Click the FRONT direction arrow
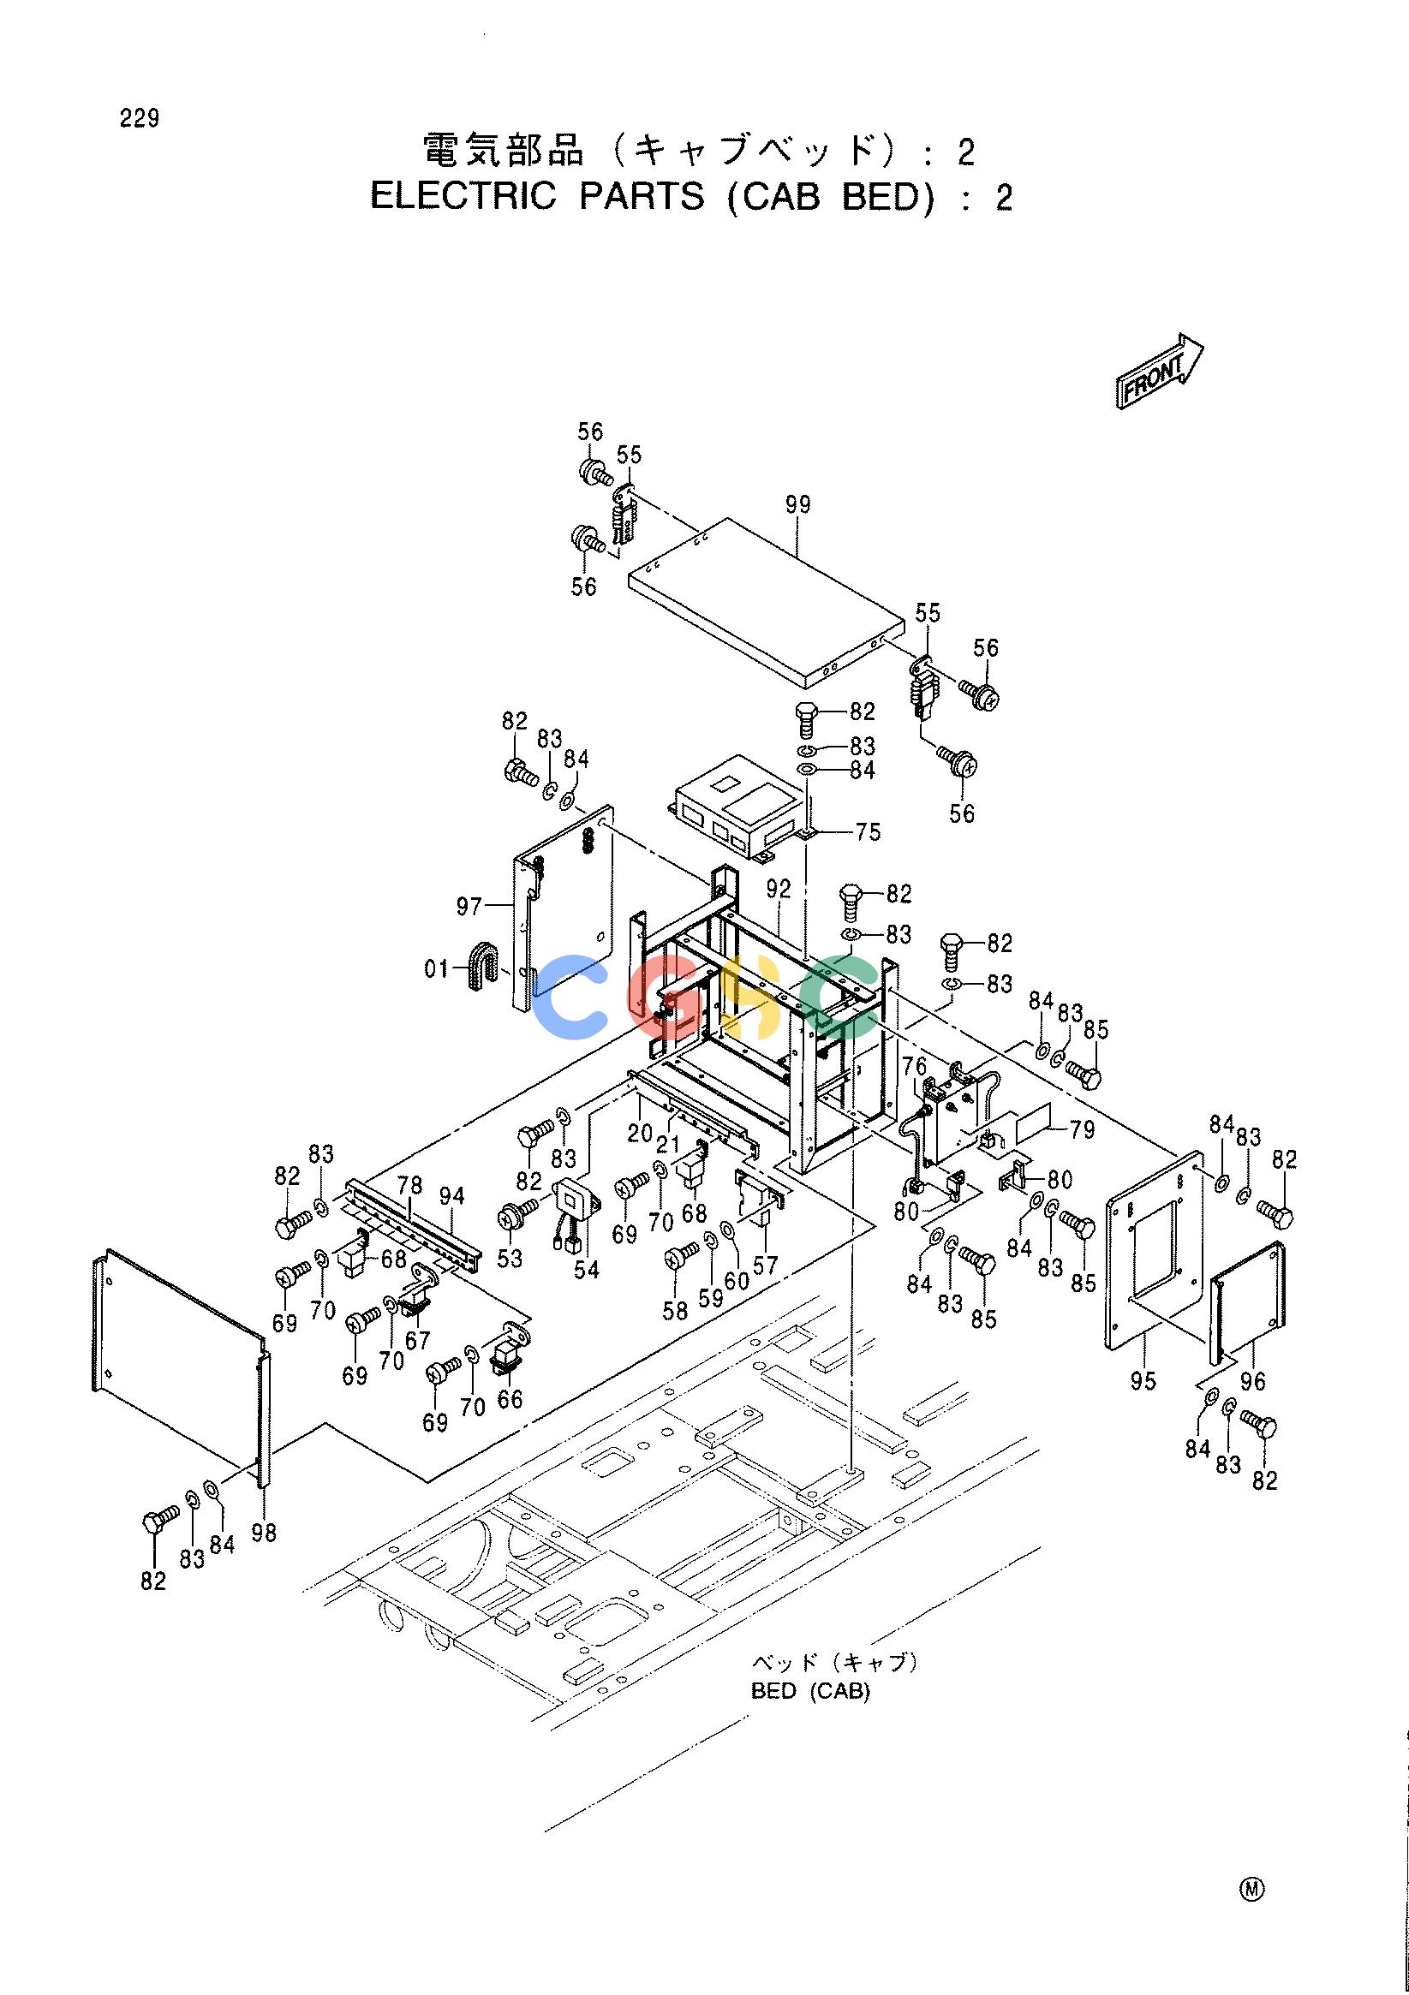[1160, 370]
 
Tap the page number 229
[140, 119]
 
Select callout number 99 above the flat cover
[797, 504]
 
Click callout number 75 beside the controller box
[868, 831]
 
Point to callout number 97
[469, 907]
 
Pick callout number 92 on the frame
[779, 889]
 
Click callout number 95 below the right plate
[1143, 1380]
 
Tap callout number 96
[1252, 1381]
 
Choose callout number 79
[1082, 1131]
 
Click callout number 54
[587, 1270]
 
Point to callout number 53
[510, 1257]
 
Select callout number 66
[510, 1399]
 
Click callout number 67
[417, 1341]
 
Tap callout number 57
[765, 1265]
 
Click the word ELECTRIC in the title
[463, 197]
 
